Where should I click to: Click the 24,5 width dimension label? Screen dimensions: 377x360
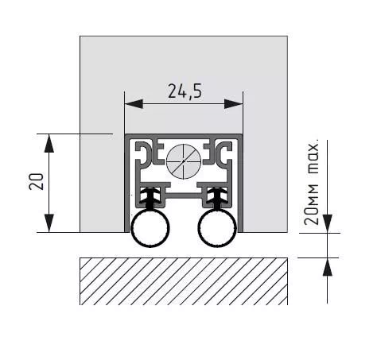click(x=185, y=91)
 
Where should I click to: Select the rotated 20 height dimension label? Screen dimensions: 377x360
click(x=36, y=181)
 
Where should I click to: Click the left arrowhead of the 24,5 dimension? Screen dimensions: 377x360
click(x=134, y=104)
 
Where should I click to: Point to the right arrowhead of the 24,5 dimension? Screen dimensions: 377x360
click(x=234, y=104)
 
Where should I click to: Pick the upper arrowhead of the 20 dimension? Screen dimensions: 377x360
click(x=49, y=143)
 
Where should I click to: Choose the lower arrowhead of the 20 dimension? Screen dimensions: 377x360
click(x=49, y=223)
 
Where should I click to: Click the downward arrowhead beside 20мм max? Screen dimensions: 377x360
click(x=328, y=224)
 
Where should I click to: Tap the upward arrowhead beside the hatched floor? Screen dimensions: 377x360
click(x=328, y=267)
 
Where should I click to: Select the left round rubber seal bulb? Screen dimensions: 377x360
click(x=150, y=228)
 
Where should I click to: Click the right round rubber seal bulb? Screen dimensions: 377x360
click(x=217, y=228)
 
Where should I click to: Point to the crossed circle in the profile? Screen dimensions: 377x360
click(x=184, y=161)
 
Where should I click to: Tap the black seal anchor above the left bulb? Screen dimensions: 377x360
click(x=150, y=198)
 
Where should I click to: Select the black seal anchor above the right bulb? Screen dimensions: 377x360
click(x=217, y=198)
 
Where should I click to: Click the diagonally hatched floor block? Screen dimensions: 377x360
click(x=184, y=281)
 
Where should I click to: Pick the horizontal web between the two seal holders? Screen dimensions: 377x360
click(x=184, y=196)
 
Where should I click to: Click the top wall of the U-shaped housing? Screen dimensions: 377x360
click(x=184, y=136)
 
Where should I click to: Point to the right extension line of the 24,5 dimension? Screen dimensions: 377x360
click(x=243, y=113)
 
